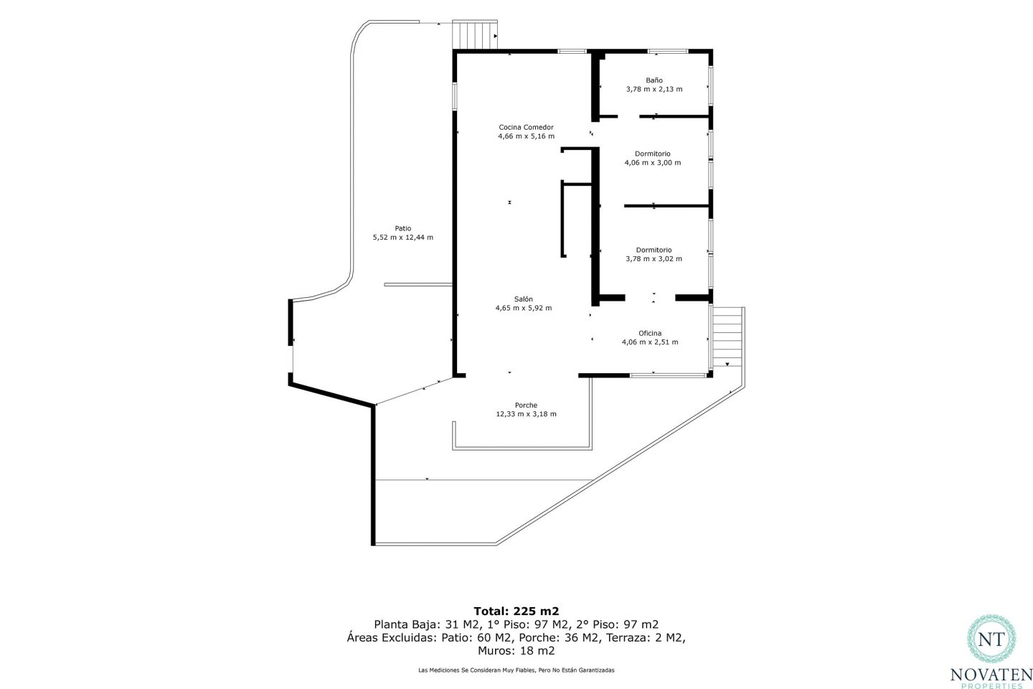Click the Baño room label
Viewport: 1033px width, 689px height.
[654, 80]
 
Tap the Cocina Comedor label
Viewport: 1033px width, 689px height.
[527, 127]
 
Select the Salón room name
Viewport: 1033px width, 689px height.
[524, 299]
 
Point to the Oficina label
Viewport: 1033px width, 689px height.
[650, 333]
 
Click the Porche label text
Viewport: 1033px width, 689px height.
[527, 406]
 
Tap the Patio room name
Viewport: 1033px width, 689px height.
[403, 228]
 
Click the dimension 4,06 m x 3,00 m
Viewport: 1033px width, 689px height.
[653, 162]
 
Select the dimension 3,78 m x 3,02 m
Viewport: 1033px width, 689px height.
[654, 259]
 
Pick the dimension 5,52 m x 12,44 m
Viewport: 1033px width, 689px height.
[403, 238]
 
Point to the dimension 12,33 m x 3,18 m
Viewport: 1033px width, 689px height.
[527, 414]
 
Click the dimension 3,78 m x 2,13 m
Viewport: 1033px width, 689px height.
[654, 89]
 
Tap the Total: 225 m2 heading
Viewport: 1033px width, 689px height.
[516, 611]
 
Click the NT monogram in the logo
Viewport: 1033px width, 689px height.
[991, 639]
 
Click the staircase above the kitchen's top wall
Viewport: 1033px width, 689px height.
[475, 34]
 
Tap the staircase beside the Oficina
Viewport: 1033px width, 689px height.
[727, 337]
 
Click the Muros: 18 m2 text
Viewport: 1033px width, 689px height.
[516, 651]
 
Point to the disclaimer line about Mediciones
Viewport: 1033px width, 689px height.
[516, 670]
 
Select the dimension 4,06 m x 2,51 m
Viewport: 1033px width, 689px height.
[650, 342]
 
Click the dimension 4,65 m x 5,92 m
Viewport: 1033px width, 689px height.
[524, 308]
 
